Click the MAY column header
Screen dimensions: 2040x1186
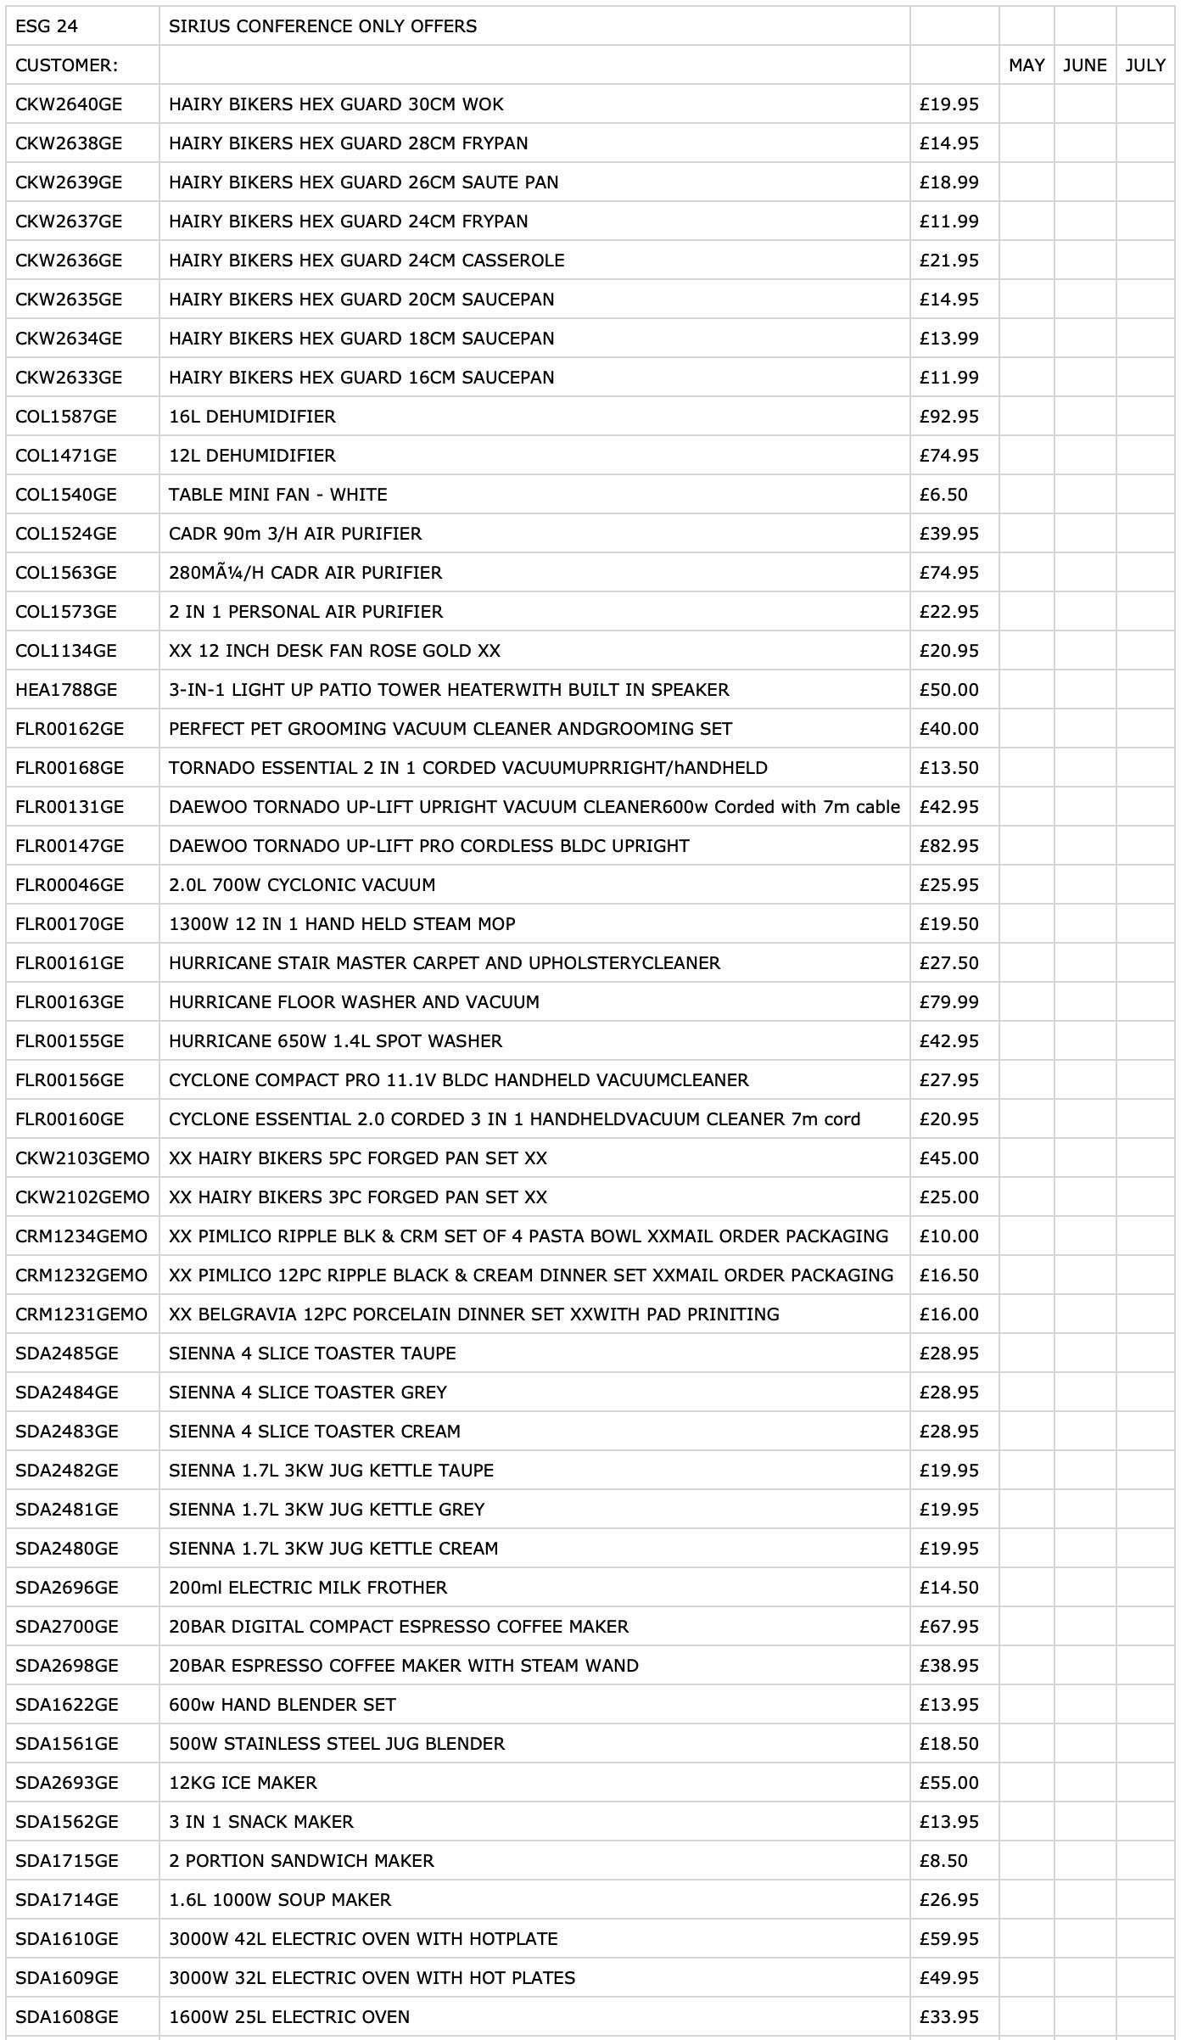click(1026, 65)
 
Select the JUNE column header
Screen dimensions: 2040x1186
click(1084, 65)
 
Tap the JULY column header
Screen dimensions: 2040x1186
click(1144, 65)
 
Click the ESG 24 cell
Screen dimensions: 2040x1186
click(47, 26)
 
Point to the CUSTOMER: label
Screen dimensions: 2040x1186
click(66, 65)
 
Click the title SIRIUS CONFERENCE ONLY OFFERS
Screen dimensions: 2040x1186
click(322, 26)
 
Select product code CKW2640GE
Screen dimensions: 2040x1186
click(69, 104)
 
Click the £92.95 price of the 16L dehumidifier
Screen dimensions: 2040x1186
click(948, 417)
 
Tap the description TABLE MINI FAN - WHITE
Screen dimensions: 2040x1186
click(277, 495)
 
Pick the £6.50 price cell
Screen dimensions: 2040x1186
click(943, 495)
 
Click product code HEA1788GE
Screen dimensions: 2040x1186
click(66, 690)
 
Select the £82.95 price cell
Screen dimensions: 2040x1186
click(948, 846)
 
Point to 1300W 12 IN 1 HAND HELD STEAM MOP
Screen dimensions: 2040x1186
click(342, 924)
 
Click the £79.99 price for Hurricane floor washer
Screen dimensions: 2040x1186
click(948, 1002)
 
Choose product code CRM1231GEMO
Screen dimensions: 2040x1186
click(81, 1314)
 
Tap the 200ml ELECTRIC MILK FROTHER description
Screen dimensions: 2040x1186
click(308, 1588)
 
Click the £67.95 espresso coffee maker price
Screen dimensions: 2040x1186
click(948, 1627)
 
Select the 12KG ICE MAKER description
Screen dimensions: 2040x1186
click(243, 1783)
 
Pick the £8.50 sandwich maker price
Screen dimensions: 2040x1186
click(943, 1861)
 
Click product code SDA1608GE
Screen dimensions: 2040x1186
click(67, 2017)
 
